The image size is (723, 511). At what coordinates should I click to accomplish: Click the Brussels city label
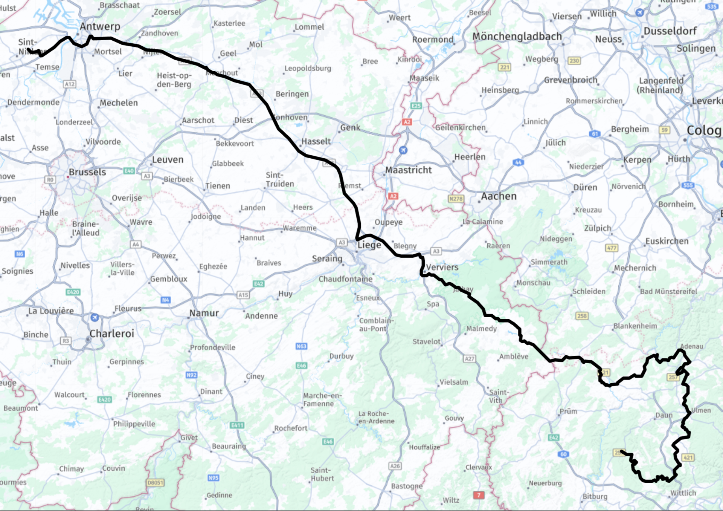coord(87,172)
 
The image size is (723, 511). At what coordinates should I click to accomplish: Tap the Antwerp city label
coord(100,26)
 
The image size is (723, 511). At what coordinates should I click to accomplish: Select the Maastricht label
coord(408,170)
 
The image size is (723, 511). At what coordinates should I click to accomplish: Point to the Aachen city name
coord(499,196)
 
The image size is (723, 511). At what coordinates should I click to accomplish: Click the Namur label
coord(204,313)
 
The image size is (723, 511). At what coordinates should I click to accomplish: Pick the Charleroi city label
coord(111,334)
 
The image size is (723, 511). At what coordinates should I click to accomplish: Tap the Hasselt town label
coord(316,141)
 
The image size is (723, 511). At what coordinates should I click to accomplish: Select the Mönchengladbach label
coord(517,37)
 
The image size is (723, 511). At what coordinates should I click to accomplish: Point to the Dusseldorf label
coord(670,31)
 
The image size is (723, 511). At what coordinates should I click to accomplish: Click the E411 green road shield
coord(237,425)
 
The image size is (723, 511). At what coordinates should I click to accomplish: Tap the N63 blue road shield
coord(301,346)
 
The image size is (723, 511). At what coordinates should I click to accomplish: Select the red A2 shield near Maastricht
coord(393,196)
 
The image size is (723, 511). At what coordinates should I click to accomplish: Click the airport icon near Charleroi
coord(95,317)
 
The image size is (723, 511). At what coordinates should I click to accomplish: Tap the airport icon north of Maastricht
coord(403,150)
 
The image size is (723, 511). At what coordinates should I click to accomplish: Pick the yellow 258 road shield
coord(582,316)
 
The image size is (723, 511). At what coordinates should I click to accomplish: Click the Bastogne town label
coord(406,486)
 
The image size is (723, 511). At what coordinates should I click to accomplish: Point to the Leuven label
coord(168,159)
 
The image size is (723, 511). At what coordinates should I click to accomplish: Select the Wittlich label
coord(683,493)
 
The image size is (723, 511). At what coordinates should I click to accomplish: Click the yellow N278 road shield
coord(456,199)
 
